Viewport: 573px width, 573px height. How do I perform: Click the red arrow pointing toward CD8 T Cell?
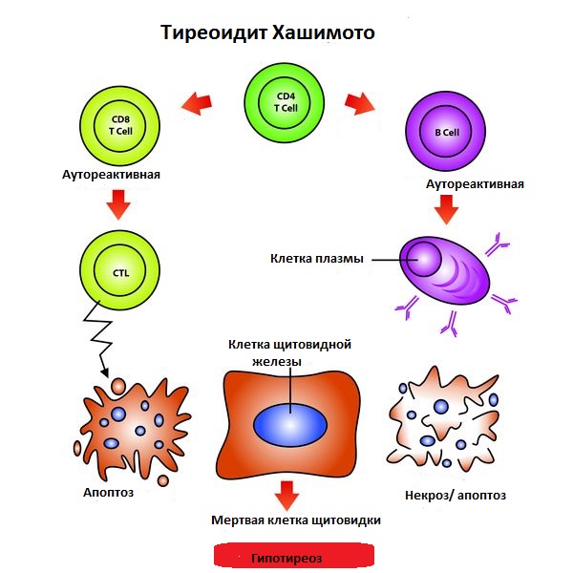tap(197, 103)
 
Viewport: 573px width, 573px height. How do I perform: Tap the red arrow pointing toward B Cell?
tap(360, 103)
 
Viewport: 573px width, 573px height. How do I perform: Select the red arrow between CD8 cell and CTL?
tap(119, 203)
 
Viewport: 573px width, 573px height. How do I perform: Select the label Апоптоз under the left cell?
tap(109, 492)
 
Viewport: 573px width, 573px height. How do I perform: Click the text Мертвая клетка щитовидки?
tap(296, 520)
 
